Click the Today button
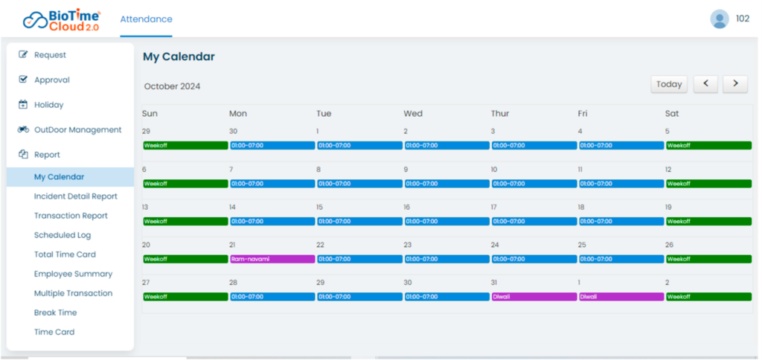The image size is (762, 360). (x=669, y=84)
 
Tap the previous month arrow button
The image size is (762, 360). (x=705, y=84)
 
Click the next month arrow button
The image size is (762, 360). (x=735, y=84)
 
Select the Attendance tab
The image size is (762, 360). (x=146, y=19)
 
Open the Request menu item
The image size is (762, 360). (x=50, y=55)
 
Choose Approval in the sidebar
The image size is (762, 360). (x=51, y=80)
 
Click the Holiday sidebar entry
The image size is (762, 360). (x=48, y=105)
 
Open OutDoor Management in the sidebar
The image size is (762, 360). (x=77, y=129)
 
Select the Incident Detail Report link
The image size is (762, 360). (x=75, y=196)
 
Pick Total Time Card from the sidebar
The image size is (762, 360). (x=65, y=254)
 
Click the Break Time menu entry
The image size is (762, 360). (x=55, y=312)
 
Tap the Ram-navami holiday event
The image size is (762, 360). (x=272, y=259)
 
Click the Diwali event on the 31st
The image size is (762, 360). (x=534, y=297)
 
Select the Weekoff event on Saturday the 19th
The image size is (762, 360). (x=708, y=221)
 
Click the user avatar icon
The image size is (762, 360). (x=719, y=19)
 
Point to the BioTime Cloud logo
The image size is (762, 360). (x=62, y=20)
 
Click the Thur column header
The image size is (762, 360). (x=500, y=114)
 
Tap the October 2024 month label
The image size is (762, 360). (x=172, y=86)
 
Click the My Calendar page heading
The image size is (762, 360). (x=179, y=57)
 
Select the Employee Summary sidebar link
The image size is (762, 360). (x=73, y=274)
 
